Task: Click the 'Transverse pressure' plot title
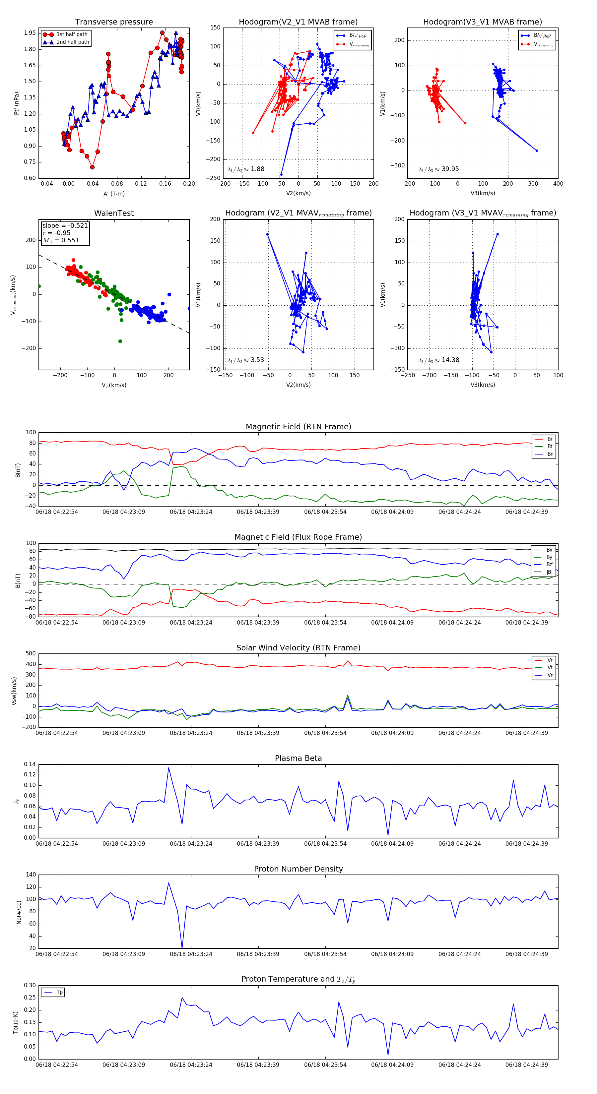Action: [114, 22]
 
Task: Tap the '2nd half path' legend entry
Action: [73, 42]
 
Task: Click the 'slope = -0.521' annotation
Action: [65, 225]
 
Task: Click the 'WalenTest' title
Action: [114, 213]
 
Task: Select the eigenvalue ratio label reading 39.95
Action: [438, 169]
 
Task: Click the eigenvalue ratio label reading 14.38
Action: [438, 360]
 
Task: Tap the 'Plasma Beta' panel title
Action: [298, 759]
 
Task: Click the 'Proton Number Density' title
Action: [298, 869]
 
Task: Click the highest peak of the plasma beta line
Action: [169, 767]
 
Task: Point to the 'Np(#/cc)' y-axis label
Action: [19, 912]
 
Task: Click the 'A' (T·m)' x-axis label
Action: [114, 194]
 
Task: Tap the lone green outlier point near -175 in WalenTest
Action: [120, 341]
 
